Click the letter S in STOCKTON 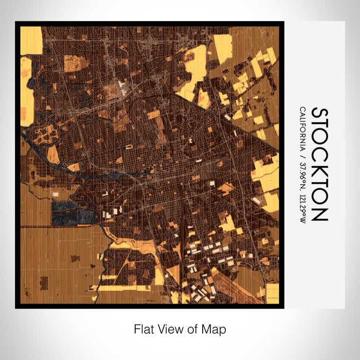pos(319,114)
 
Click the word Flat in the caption pos(143,329)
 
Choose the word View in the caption pos(169,329)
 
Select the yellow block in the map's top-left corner pos(31,40)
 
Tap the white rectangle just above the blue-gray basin pos(56,194)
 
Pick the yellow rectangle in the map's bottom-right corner pos(272,293)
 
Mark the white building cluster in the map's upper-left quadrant pos(122,83)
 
